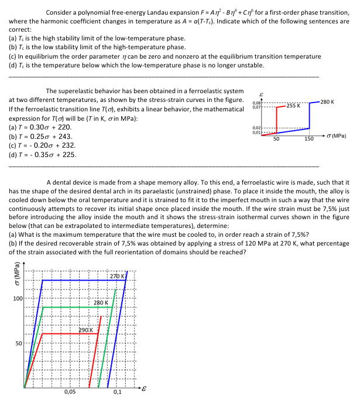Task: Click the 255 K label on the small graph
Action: coord(293,106)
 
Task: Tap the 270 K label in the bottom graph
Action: coord(117,275)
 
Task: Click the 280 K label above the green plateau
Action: coord(101,302)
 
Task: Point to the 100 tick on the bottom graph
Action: coord(17,299)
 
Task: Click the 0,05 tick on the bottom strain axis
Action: coord(69,392)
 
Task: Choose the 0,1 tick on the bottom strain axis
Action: coord(117,392)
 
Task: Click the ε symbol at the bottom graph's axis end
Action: coord(143,388)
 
